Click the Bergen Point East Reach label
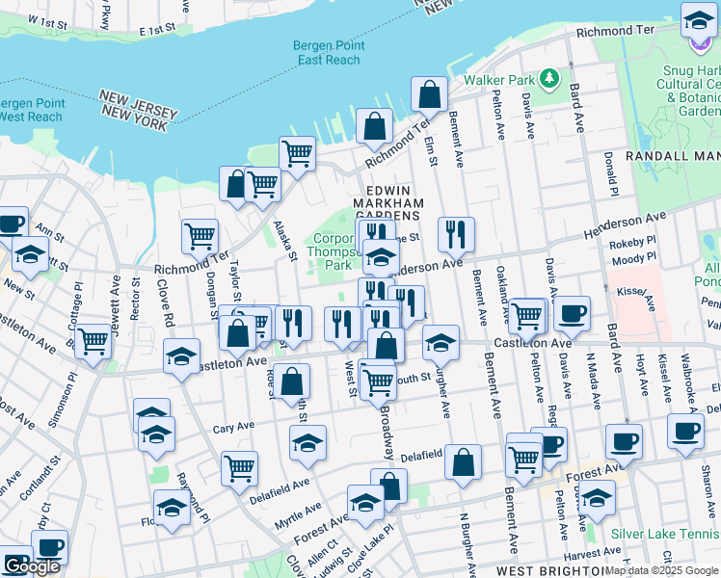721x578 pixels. (x=328, y=53)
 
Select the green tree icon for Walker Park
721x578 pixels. (x=549, y=77)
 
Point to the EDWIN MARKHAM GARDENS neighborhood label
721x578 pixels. (x=388, y=203)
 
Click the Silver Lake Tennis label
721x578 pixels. (x=664, y=533)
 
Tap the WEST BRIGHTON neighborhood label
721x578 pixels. (x=540, y=571)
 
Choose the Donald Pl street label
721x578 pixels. (x=610, y=168)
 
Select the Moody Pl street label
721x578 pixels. (x=632, y=257)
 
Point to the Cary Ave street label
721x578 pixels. (x=233, y=427)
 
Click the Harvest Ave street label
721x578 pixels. (x=594, y=553)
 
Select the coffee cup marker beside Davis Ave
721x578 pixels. (x=572, y=312)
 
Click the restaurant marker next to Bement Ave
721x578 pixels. (x=456, y=233)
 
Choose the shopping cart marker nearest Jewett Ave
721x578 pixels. (x=93, y=341)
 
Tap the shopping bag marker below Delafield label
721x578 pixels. (x=463, y=461)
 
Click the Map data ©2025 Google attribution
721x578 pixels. (x=662, y=570)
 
